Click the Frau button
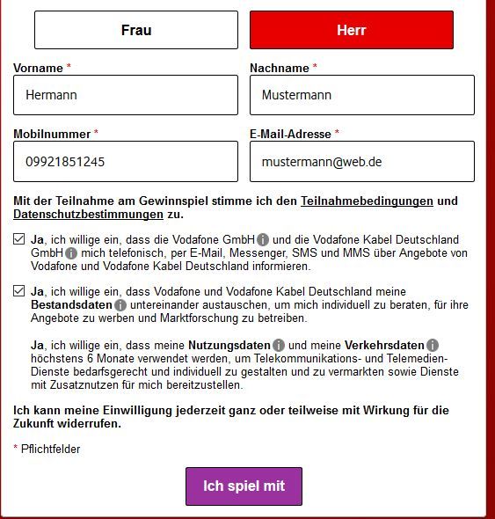pos(136,30)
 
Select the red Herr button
pos(352,30)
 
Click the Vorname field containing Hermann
pos(126,95)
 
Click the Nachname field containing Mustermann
pos(362,95)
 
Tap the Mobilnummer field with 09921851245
pos(126,162)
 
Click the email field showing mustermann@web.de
pos(362,162)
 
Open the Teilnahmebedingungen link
pos(367,201)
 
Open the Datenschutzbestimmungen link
pos(88,215)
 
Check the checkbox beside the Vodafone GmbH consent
pos(19,239)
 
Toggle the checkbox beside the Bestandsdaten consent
pos(19,291)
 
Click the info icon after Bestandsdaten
pos(120,305)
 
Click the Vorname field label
pos(38,68)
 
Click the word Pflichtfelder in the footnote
pos(51,450)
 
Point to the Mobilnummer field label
pos(51,135)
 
